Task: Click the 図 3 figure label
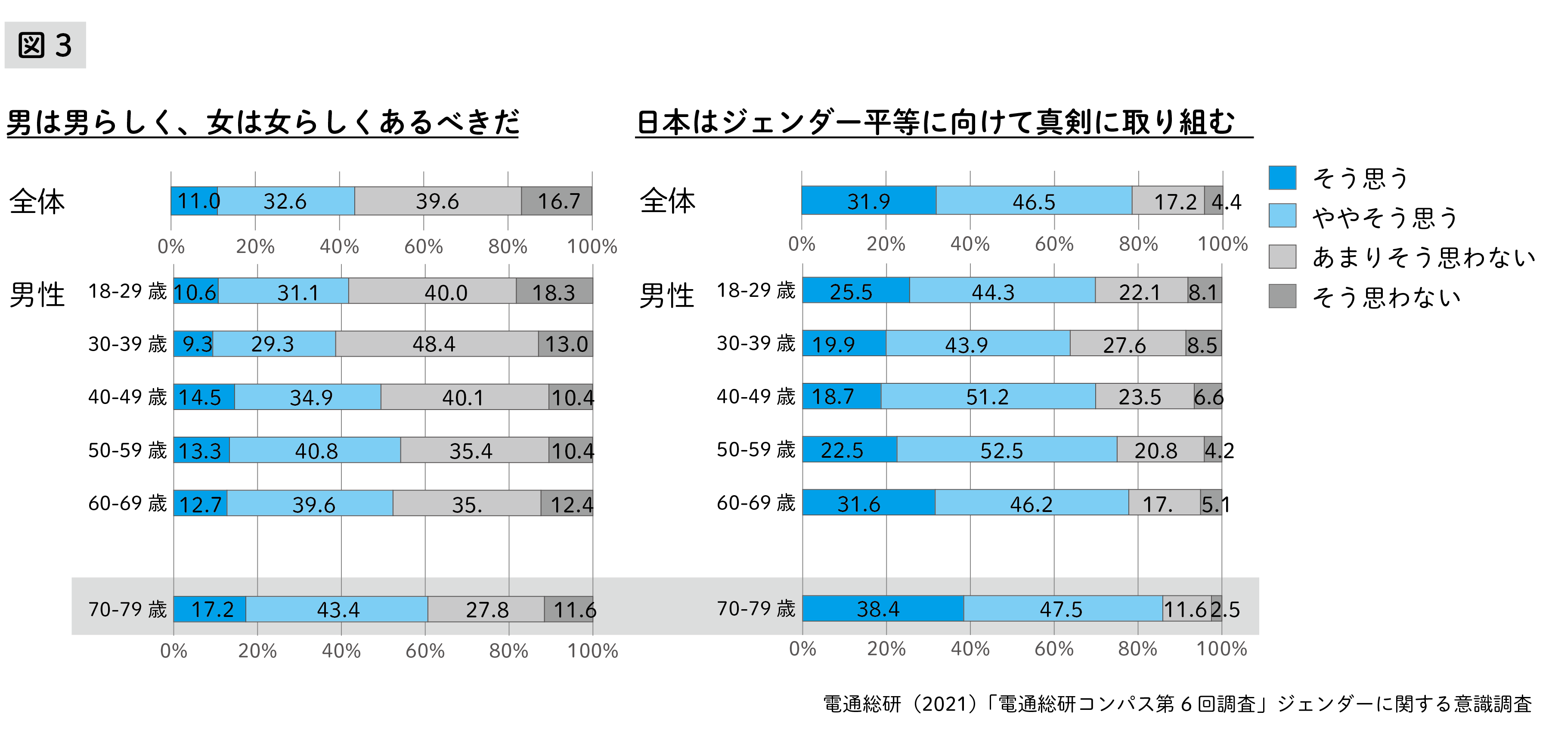pos(45,45)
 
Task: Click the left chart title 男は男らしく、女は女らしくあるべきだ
pos(262,122)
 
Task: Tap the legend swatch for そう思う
pos(1282,178)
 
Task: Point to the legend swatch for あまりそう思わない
pos(1282,256)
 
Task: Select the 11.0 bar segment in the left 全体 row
pos(194,201)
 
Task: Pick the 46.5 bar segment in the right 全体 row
pos(1034,201)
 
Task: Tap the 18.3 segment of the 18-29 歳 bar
pos(554,291)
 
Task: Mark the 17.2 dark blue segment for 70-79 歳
pos(210,609)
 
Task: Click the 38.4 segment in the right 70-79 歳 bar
pos(883,609)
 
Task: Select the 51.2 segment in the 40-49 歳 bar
pos(988,396)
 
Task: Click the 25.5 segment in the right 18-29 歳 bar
pos(855,291)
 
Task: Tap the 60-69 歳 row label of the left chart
pos(127,503)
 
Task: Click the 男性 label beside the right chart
pos(666,296)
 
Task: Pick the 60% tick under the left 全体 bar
pos(424,246)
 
